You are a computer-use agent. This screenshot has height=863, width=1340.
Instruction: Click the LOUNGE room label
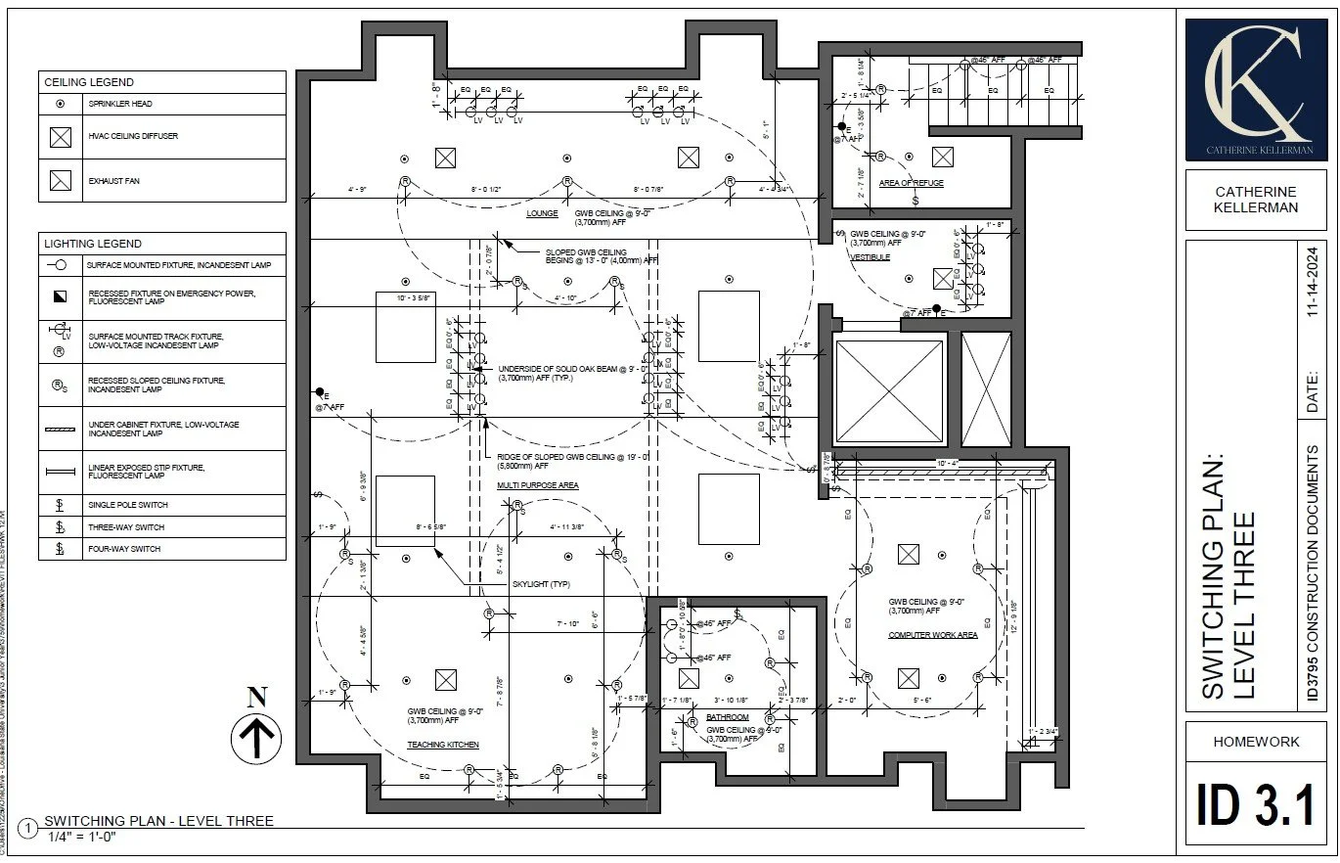tap(542, 213)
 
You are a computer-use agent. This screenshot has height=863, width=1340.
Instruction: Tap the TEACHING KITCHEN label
tap(443, 746)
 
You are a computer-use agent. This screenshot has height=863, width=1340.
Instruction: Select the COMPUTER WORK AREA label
tap(932, 635)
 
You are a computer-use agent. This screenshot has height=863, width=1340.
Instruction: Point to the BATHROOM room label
tap(728, 718)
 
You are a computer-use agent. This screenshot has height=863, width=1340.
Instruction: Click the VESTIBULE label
tap(870, 257)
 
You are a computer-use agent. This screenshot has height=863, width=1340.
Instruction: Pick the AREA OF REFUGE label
tap(912, 183)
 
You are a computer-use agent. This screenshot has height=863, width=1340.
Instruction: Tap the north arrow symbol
tap(256, 730)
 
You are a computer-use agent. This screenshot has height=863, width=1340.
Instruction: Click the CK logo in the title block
tap(1256, 89)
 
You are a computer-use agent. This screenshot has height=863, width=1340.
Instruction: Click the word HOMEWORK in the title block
tap(1256, 742)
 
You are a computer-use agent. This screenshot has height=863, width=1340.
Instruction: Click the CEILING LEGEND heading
tap(89, 82)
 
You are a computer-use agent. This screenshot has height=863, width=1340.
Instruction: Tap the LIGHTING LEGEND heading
tap(93, 244)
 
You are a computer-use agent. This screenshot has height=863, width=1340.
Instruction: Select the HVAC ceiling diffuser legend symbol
tap(61, 137)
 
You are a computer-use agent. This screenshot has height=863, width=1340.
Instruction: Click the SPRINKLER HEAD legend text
tap(120, 104)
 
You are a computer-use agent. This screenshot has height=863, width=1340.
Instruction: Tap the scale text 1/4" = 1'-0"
tap(82, 838)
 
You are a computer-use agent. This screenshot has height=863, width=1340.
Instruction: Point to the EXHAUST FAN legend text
tap(113, 181)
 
